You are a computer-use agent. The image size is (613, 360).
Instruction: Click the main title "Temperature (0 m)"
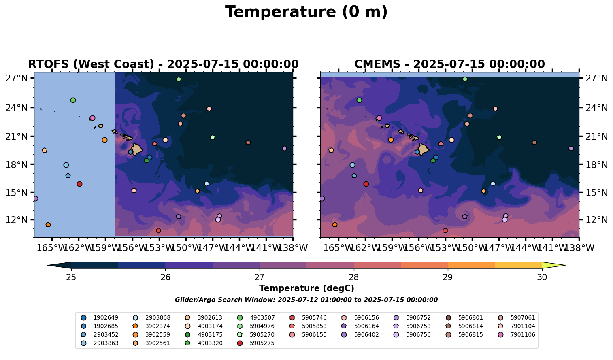(306, 12)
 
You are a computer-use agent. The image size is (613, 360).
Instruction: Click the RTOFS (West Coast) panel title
(163, 64)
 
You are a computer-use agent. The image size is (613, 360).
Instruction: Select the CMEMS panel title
(449, 64)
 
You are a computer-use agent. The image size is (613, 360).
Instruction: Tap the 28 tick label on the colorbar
(353, 277)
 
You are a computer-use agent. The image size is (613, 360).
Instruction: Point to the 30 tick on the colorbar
(542, 277)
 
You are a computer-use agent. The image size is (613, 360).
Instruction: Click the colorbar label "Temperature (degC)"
(306, 288)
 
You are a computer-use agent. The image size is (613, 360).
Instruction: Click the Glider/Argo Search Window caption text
(306, 300)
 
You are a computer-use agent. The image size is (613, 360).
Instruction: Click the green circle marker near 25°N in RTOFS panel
(73, 100)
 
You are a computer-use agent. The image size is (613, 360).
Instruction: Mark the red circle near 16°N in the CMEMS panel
(366, 184)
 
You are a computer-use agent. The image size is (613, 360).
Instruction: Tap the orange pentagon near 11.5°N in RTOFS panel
(48, 225)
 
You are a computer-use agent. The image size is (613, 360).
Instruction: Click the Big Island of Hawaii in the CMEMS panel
(424, 149)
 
